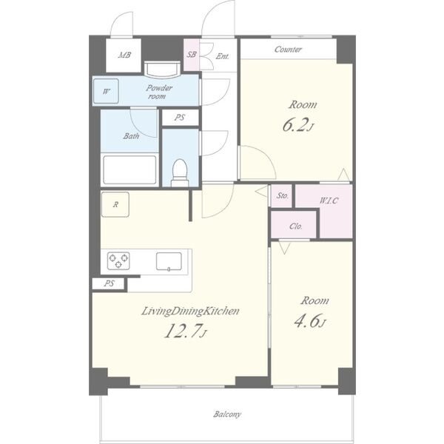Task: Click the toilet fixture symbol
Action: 180,172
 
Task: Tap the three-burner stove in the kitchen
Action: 118,260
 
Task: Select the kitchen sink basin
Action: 169,262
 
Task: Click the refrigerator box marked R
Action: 115,204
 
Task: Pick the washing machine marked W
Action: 106,91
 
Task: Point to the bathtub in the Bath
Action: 129,169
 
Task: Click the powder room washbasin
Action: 162,70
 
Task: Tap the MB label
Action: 124,55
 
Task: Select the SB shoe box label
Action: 192,54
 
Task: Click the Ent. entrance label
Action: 222,56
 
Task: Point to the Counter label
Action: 288,50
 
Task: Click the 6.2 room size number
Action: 295,126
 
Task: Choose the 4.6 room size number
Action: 307,321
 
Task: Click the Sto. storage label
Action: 283,195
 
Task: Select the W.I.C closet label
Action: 329,201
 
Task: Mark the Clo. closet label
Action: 296,226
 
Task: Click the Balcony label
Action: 227,414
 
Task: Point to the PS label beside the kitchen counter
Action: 110,283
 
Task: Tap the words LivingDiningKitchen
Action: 190,312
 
